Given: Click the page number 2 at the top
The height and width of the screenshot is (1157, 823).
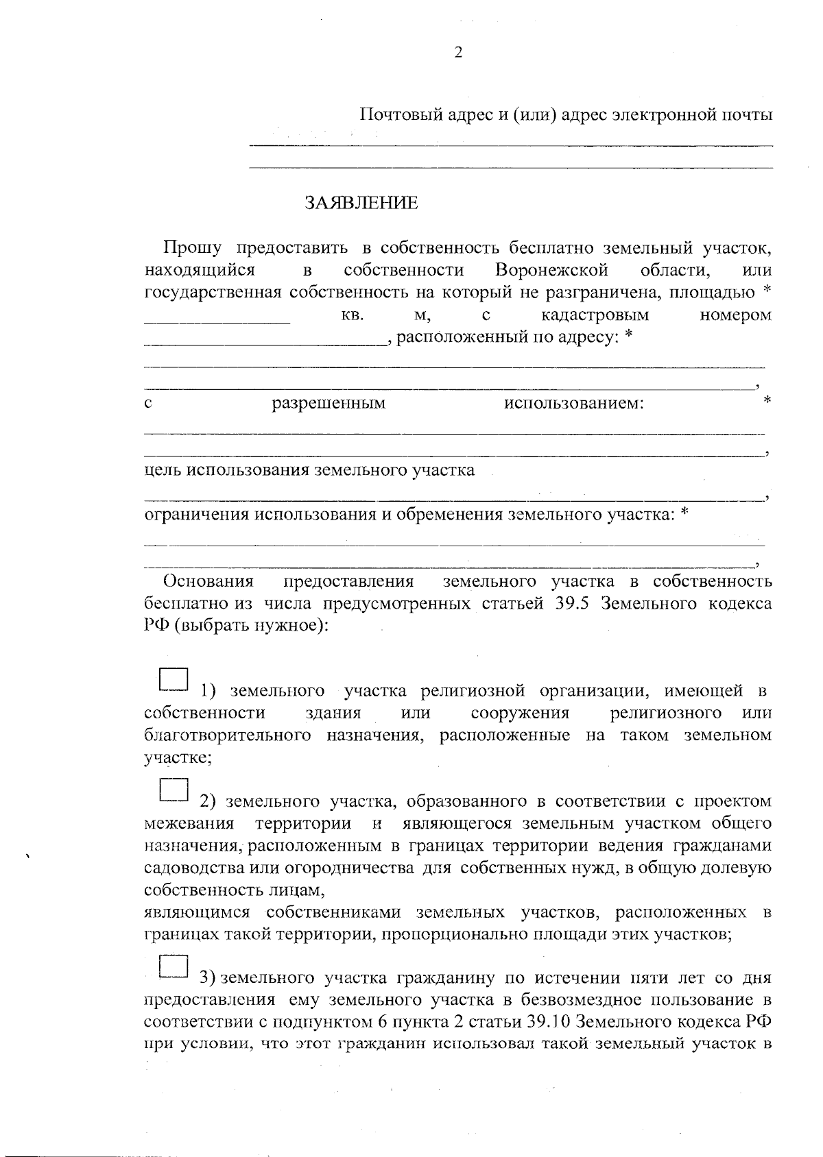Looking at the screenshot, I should [458, 53].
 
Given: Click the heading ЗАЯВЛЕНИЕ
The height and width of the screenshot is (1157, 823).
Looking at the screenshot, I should [360, 203].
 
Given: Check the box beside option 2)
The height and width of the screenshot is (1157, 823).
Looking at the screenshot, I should [174, 790].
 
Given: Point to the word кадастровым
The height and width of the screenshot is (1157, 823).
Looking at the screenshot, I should [595, 315].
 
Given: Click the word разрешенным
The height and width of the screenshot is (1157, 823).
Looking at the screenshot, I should [329, 403].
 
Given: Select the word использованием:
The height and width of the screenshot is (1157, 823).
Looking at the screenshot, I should [574, 403].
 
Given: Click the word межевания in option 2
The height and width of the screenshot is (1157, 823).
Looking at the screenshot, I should [189, 823].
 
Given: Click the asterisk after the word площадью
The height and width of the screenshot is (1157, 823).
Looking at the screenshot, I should [767, 291].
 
